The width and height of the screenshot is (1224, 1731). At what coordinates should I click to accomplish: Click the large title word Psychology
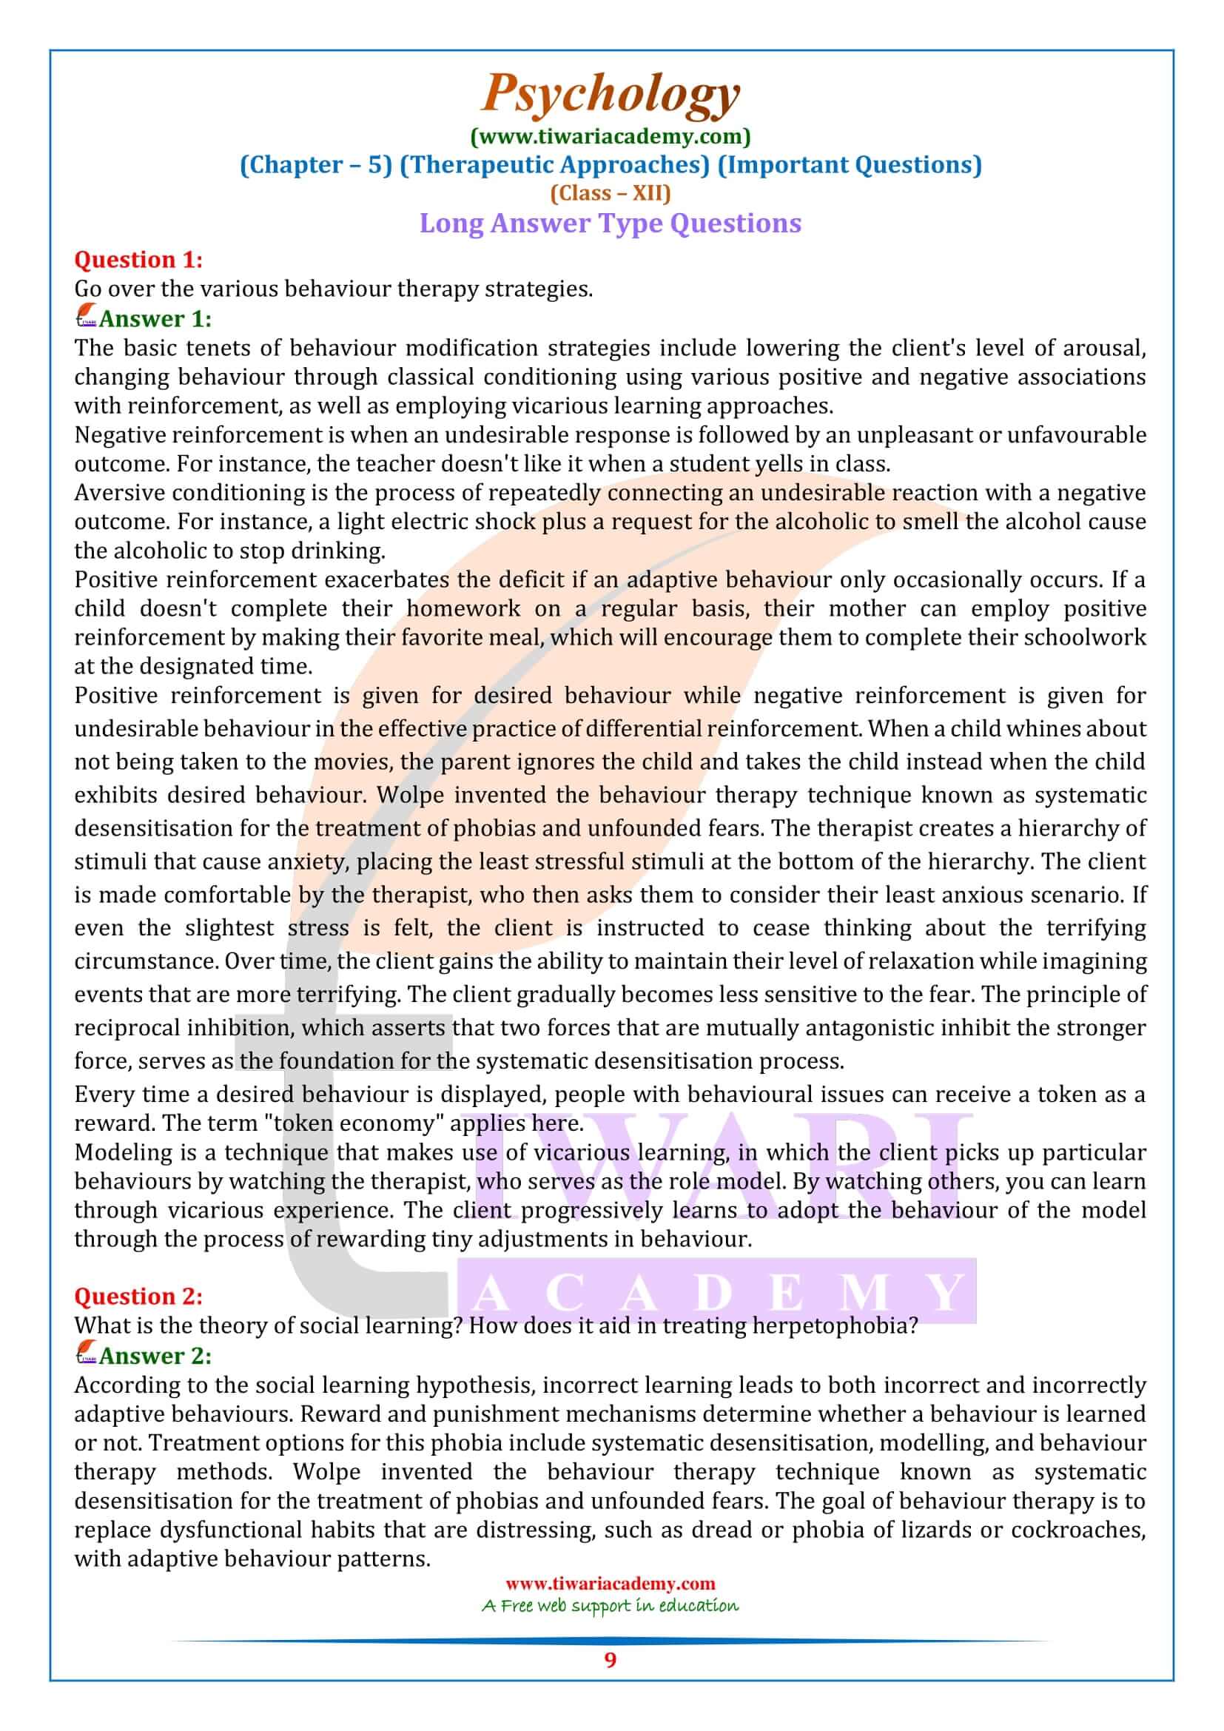pyautogui.click(x=611, y=94)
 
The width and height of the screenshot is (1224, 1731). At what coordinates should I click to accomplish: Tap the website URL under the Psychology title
pyautogui.click(x=611, y=136)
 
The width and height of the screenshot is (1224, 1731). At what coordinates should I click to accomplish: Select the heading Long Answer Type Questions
pyautogui.click(x=611, y=223)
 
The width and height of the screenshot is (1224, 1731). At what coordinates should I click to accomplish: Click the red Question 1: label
pyautogui.click(x=138, y=259)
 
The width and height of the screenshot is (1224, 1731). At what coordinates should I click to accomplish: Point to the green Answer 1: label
pyautogui.click(x=155, y=319)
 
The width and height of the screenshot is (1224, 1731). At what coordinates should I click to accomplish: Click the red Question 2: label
pyautogui.click(x=138, y=1296)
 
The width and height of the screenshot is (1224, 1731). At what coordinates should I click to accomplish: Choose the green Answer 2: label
pyautogui.click(x=155, y=1356)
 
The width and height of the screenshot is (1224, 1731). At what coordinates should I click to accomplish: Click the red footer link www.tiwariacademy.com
pyautogui.click(x=611, y=1584)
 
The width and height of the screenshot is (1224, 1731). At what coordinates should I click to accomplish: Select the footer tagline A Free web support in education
pyautogui.click(x=611, y=1606)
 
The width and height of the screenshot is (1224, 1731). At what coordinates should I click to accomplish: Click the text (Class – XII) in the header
pyautogui.click(x=611, y=194)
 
